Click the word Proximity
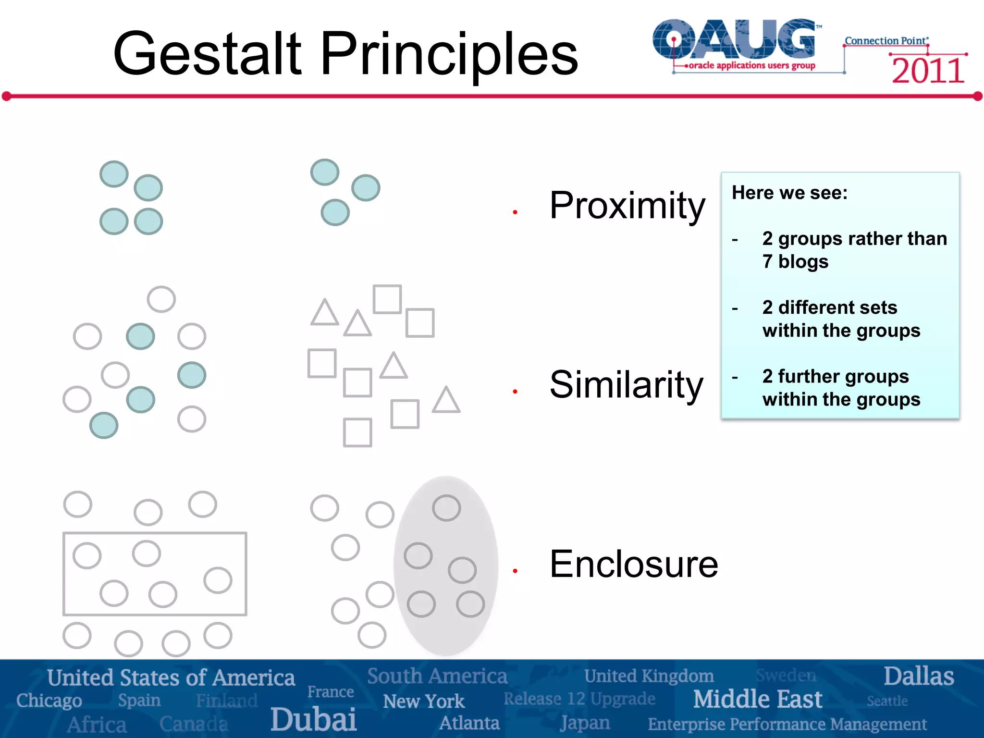pos(627,206)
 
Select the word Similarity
pos(626,385)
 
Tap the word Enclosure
pos(633,564)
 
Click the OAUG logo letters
pos(735,39)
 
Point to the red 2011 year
pos(928,71)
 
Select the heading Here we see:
pos(789,193)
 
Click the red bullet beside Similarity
pos(515,392)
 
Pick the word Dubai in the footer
pos(313,719)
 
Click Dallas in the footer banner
pos(918,676)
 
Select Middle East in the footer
pos(757,699)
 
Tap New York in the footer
pos(423,701)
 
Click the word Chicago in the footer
pos(49,701)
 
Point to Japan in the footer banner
pos(585,723)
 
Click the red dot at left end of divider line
pos(7,97)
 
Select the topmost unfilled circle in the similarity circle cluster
pos(161,299)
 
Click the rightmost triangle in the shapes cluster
pos(446,401)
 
